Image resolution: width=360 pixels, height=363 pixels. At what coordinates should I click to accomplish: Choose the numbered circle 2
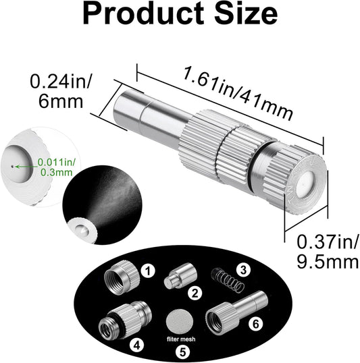point(195,294)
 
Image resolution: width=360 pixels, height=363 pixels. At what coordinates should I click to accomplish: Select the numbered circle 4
point(138,344)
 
